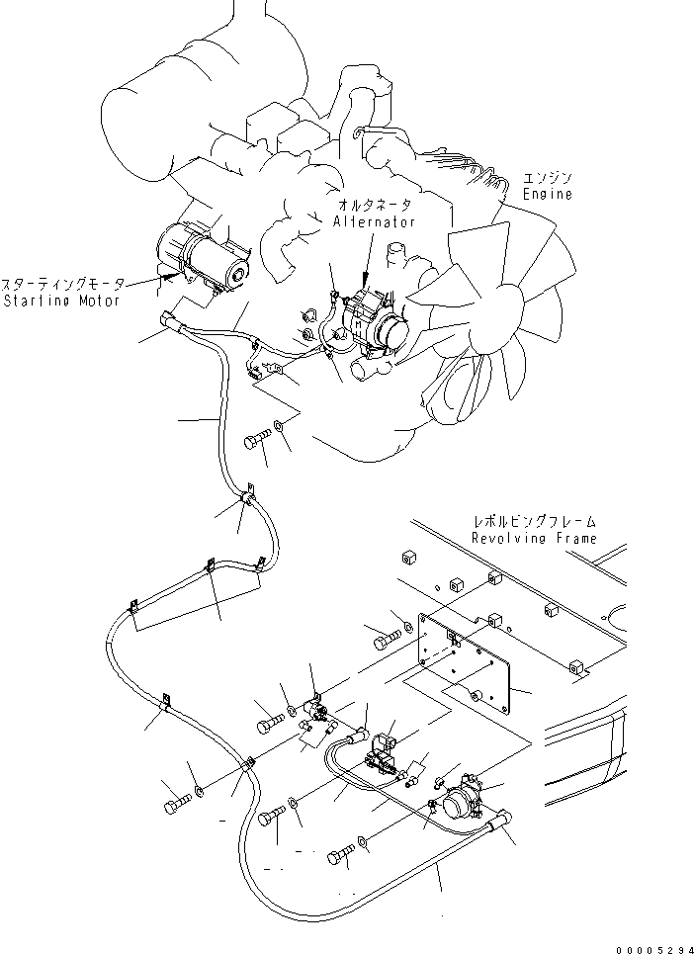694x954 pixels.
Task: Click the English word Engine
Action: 548,195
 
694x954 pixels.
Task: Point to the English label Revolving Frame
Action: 534,539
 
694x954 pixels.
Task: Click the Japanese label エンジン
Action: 548,178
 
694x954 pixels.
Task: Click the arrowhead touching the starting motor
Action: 162,282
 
